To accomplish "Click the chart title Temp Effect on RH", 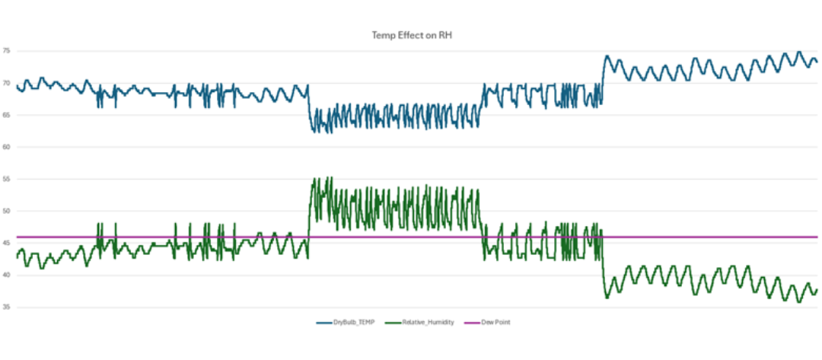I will (x=410, y=35).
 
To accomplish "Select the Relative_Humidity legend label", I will (x=429, y=323).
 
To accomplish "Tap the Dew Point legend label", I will (x=495, y=323).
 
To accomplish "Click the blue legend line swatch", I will (x=323, y=323).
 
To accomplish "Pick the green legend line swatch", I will (x=394, y=323).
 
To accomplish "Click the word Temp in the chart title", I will (x=382, y=35).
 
